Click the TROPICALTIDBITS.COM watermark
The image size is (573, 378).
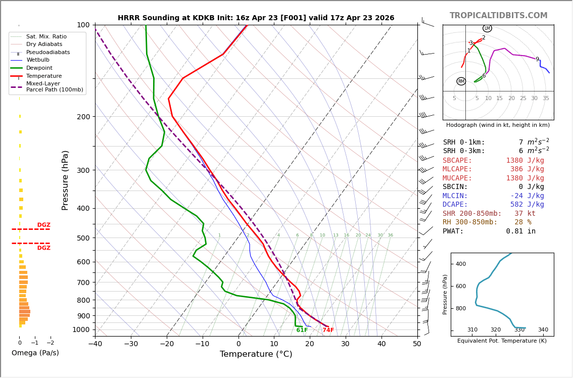(498, 16)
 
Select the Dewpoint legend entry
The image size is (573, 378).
(39, 68)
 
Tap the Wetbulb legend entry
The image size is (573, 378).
(38, 60)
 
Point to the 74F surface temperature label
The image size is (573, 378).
(328, 330)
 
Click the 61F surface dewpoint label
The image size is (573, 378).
(302, 330)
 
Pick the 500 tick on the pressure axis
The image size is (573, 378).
(83, 238)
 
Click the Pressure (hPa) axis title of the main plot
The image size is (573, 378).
(65, 180)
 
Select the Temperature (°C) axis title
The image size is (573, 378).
(256, 354)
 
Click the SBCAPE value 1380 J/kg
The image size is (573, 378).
(525, 161)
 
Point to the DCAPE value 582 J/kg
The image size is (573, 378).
(527, 205)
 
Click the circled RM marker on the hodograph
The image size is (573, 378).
(461, 81)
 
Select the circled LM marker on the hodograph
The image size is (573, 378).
(487, 28)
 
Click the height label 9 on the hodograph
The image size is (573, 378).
(537, 60)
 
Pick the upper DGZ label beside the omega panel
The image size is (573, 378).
(43, 225)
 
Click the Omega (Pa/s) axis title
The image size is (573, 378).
(35, 353)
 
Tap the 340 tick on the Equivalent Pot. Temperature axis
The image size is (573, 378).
(543, 330)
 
